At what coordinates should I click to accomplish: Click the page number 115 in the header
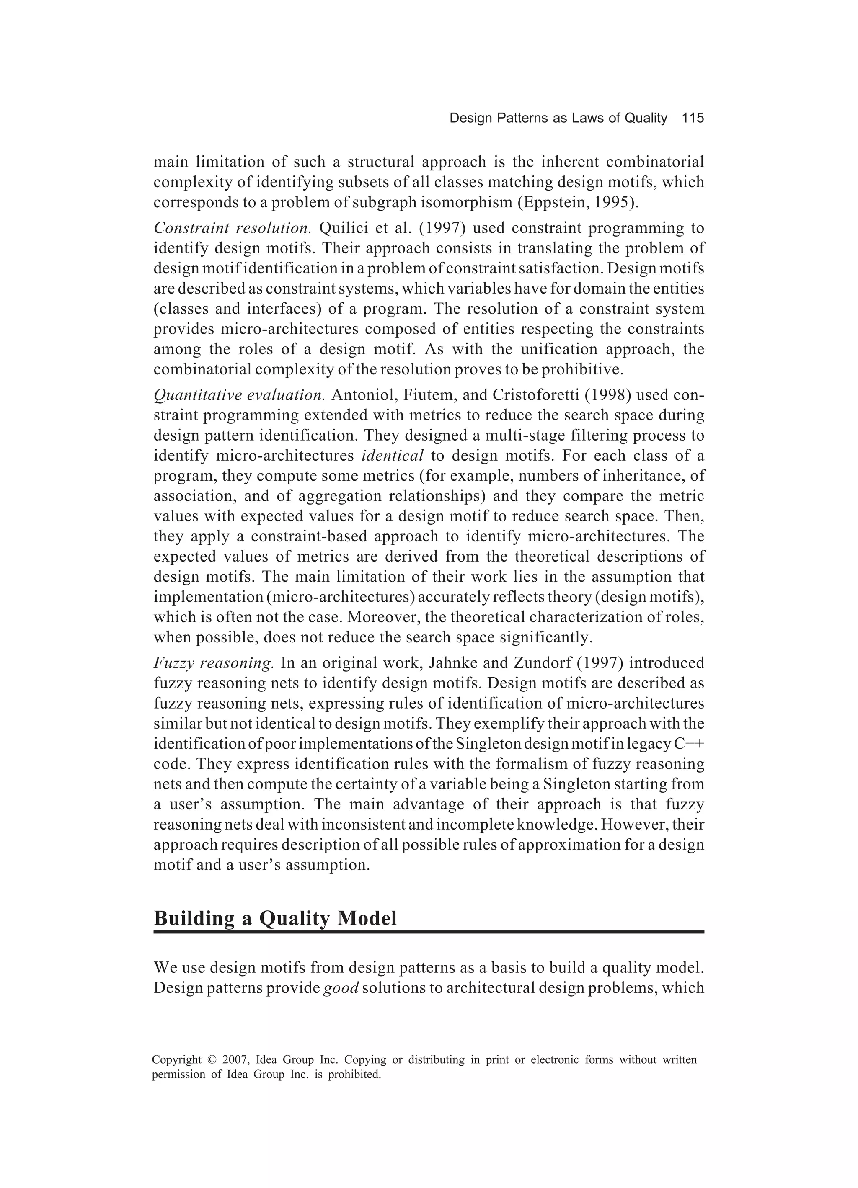click(x=693, y=119)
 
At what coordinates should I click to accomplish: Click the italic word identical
click(x=393, y=456)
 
